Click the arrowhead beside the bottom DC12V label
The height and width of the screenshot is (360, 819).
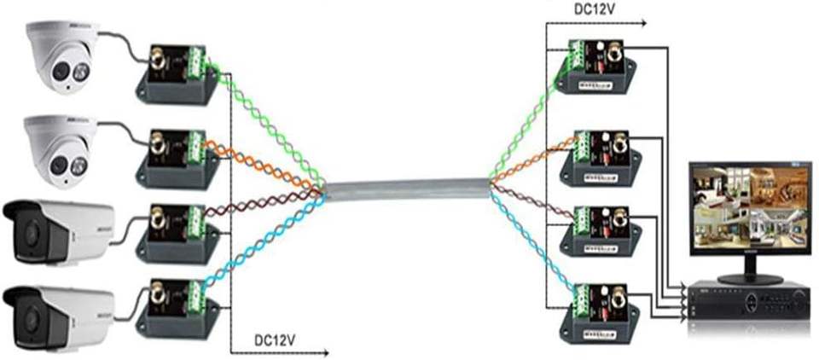coord(324,351)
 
